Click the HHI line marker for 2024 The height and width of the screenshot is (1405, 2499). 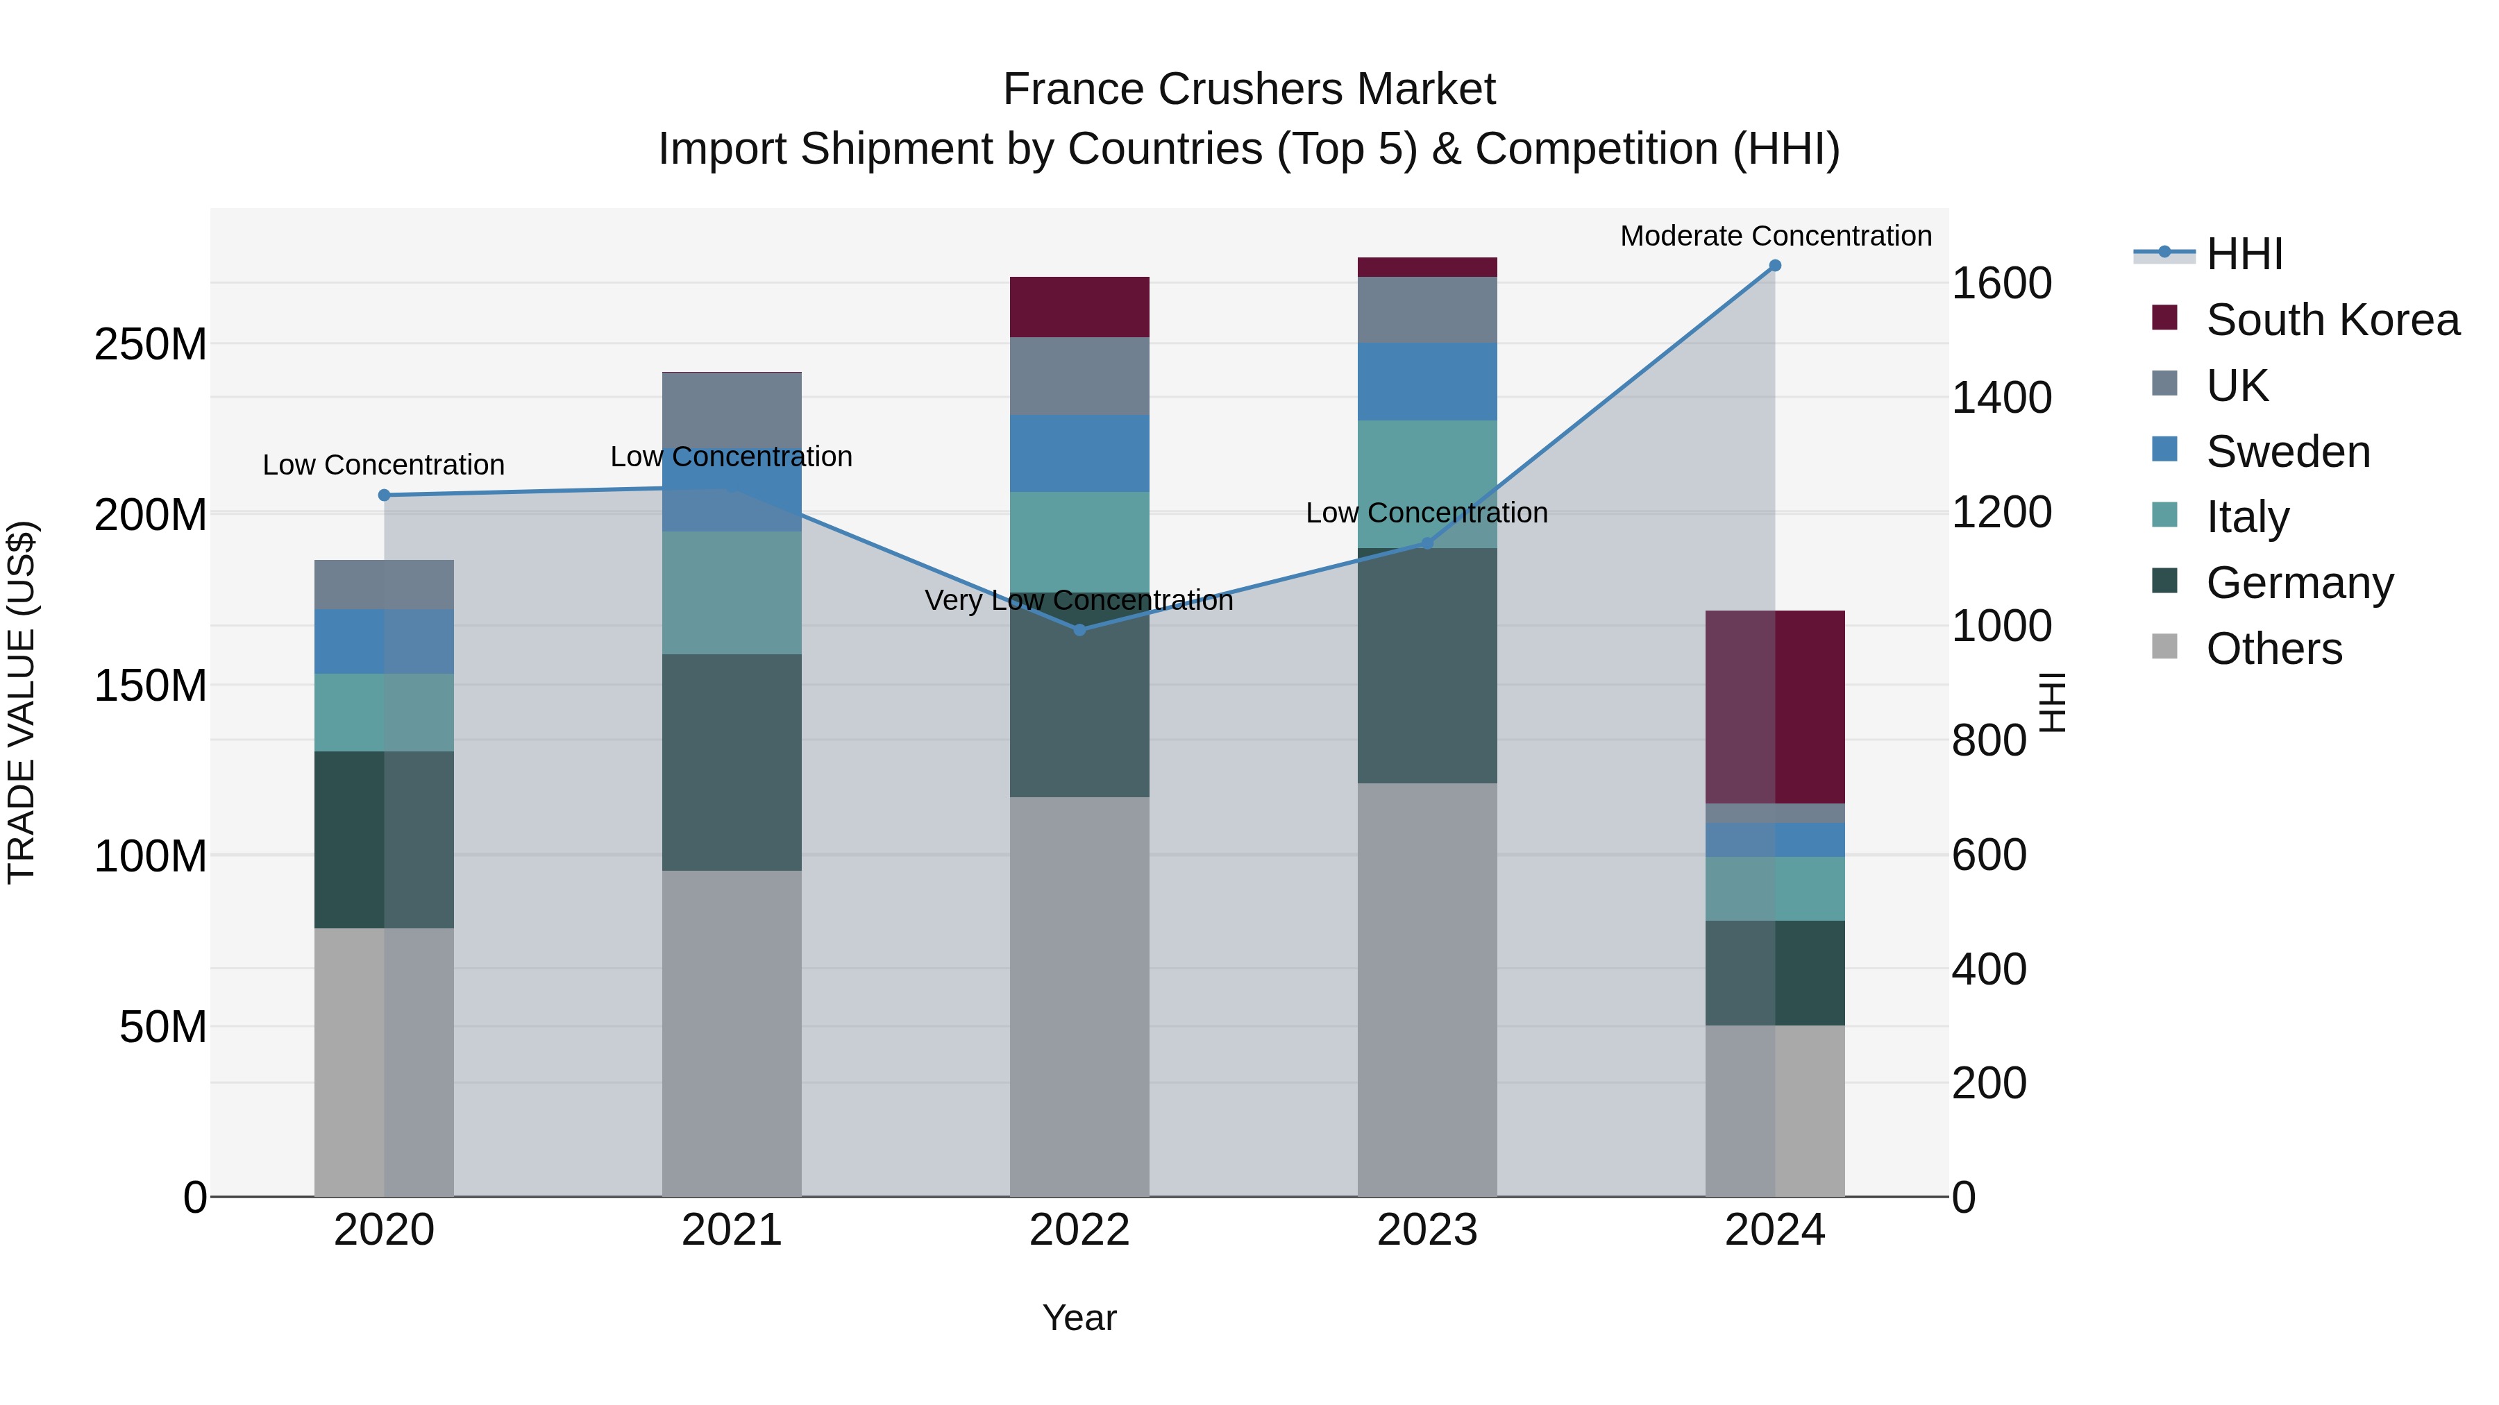pyautogui.click(x=1774, y=266)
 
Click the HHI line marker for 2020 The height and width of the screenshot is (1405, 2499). pyautogui.click(x=384, y=495)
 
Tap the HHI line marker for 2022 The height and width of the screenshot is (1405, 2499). pyautogui.click(x=1079, y=630)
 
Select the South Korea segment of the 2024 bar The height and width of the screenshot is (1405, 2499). pyautogui.click(x=1775, y=707)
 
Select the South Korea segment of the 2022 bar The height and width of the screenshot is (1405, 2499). pyautogui.click(x=1079, y=307)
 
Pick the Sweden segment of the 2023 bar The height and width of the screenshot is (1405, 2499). pyautogui.click(x=1427, y=381)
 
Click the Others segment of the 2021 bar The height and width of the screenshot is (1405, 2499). pyautogui.click(x=732, y=1032)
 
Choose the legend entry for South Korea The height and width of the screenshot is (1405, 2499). pyautogui.click(x=2332, y=320)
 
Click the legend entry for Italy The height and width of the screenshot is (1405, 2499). pyautogui.click(x=2247, y=517)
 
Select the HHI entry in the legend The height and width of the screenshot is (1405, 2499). pyautogui.click(x=2244, y=254)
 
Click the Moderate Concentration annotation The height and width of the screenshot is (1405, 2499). pyautogui.click(x=1775, y=237)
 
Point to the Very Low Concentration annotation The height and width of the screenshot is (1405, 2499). pyautogui.click(x=1079, y=601)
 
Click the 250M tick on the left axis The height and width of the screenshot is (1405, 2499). pyautogui.click(x=151, y=344)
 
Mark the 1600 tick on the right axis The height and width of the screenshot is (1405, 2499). pyautogui.click(x=2001, y=283)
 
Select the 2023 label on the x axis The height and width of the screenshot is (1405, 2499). pyautogui.click(x=1427, y=1230)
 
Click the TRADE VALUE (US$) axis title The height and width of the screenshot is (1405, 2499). pyautogui.click(x=22, y=702)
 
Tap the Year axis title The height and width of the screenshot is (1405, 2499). pyautogui.click(x=1079, y=1318)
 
